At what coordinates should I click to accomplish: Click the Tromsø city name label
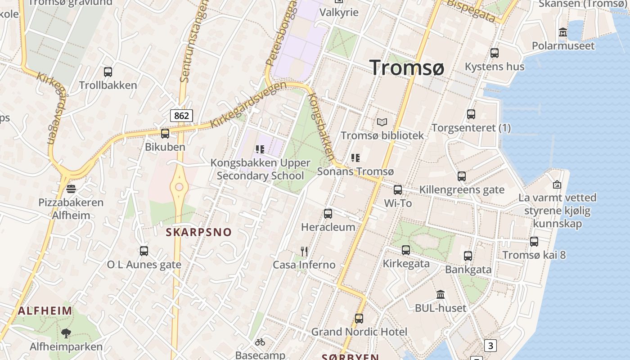point(407,67)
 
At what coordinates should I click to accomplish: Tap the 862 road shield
point(181,116)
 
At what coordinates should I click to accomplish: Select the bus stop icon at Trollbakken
point(108,72)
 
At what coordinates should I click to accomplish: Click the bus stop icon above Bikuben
point(165,134)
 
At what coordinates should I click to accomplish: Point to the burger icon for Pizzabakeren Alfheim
point(71,189)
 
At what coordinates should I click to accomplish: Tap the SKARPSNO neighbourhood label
point(198,232)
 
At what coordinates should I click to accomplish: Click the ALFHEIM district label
point(45,310)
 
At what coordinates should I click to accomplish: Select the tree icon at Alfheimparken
point(66,333)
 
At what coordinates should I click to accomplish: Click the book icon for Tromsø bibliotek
point(382,122)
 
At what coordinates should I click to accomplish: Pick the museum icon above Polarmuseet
point(563,32)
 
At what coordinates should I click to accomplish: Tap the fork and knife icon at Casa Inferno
point(304,252)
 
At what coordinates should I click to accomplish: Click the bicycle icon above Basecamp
point(260,342)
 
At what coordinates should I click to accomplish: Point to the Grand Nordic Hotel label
point(359,332)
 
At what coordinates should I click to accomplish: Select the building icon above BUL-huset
point(441,295)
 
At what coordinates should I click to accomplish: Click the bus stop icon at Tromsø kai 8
point(534,242)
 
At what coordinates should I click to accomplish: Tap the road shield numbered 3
point(490,346)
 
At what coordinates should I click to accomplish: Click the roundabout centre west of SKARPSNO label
point(179,187)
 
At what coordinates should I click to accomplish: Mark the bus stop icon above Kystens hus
point(495,53)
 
